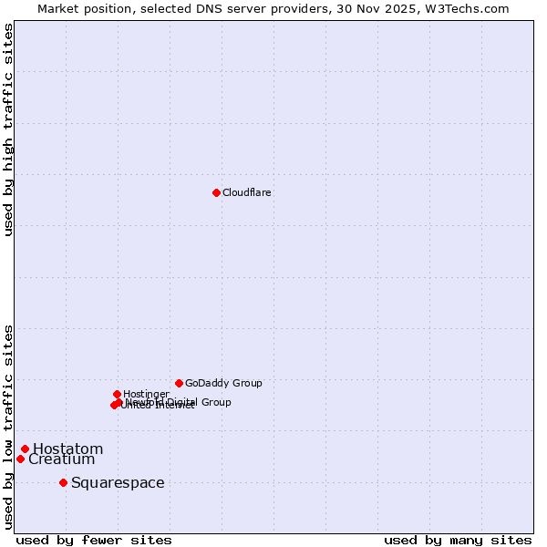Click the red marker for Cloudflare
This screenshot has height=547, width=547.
(216, 192)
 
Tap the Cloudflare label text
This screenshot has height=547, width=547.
(247, 192)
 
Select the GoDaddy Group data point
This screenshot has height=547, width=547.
(179, 383)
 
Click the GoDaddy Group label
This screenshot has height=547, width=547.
(223, 383)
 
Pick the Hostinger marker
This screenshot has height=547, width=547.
(117, 394)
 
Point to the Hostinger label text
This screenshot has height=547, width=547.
(146, 394)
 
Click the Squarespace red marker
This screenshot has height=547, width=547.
(63, 482)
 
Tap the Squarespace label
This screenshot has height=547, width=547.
(118, 482)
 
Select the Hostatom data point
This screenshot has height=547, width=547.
(26, 449)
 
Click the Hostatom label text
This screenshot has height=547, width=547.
(68, 449)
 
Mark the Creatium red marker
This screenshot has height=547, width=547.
(20, 459)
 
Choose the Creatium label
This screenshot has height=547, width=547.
(61, 459)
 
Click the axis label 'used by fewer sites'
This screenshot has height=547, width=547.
(94, 540)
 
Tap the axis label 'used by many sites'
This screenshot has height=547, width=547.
(458, 540)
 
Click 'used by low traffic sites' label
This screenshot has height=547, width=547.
(9, 426)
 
